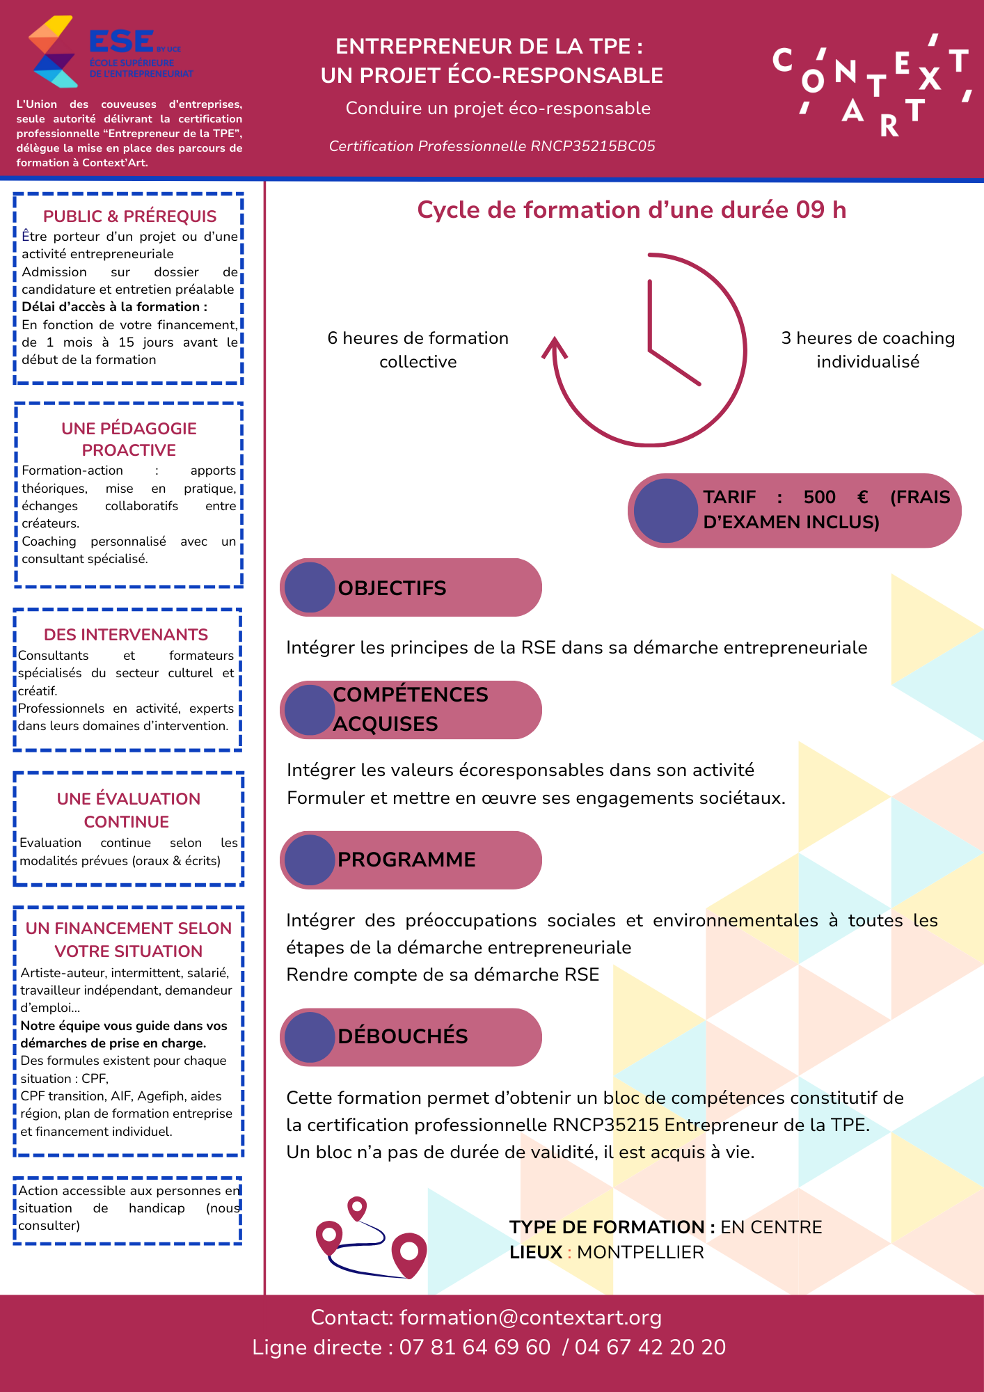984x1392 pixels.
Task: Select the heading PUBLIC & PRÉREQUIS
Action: (x=129, y=216)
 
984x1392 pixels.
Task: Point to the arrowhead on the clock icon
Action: (x=555, y=347)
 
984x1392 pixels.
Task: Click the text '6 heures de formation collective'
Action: (x=418, y=349)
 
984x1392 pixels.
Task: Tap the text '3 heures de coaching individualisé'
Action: (x=868, y=349)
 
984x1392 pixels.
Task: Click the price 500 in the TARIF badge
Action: (x=819, y=497)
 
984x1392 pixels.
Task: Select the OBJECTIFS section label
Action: (x=392, y=588)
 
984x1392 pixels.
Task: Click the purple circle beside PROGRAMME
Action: (x=310, y=860)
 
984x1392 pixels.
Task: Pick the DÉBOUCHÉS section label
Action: (x=402, y=1036)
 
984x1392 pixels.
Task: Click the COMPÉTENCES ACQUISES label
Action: (x=411, y=709)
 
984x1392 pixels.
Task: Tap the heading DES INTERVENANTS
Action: (x=126, y=635)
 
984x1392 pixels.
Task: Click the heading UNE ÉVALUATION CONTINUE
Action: (x=128, y=810)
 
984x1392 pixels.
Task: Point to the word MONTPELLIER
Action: (x=640, y=1252)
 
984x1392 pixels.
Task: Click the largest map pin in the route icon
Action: (x=409, y=1253)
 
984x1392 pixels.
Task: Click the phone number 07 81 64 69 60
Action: (x=475, y=1347)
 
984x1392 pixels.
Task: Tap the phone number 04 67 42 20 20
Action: (x=650, y=1347)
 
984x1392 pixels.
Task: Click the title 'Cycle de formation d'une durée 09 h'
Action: (x=631, y=209)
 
